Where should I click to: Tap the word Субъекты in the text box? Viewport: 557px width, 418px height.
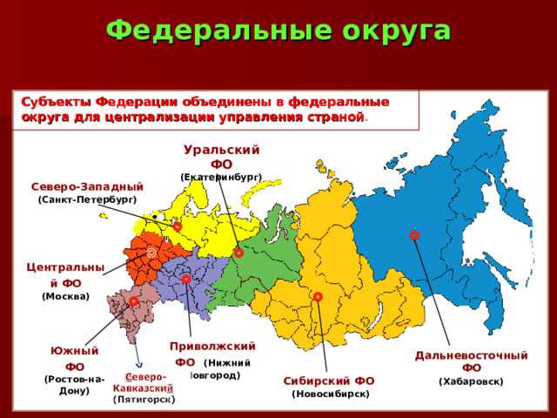click(x=55, y=102)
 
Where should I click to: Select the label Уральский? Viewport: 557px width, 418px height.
click(x=222, y=150)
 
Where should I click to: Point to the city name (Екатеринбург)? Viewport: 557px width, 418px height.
click(x=221, y=177)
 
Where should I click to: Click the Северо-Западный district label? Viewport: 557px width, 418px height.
click(x=87, y=186)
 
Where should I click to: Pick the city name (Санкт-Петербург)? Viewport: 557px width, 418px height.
click(x=87, y=200)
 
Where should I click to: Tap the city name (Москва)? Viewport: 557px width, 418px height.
click(x=65, y=296)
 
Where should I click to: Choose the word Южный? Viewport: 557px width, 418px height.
click(x=74, y=350)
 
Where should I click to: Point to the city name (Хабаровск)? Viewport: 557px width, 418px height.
click(x=471, y=381)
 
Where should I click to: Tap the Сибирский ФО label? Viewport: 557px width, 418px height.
click(x=329, y=381)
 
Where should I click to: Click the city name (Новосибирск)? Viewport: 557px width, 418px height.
click(x=330, y=394)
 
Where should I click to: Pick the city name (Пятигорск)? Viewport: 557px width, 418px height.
click(x=144, y=399)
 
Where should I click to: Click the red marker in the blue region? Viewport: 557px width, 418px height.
click(x=414, y=235)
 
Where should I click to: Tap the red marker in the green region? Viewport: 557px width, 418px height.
click(x=238, y=253)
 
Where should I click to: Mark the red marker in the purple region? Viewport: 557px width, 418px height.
click(x=186, y=279)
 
